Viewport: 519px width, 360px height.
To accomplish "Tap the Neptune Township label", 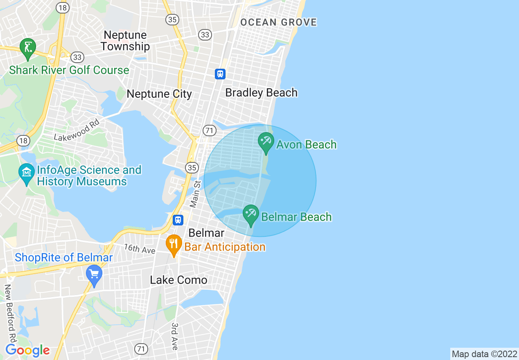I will click(x=125, y=40).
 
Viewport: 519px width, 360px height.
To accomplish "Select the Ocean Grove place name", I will click(x=279, y=22).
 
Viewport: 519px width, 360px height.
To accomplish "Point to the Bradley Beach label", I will click(x=262, y=92).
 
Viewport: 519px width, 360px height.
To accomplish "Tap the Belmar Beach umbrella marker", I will click(x=250, y=214).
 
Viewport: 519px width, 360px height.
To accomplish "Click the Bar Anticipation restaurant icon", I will click(x=174, y=244).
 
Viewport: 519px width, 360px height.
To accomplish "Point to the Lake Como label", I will click(x=178, y=280).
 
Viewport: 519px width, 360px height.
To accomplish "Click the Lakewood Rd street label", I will click(x=77, y=130).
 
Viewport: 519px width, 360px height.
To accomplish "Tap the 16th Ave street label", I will click(x=140, y=248).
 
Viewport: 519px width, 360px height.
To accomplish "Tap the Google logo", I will click(x=28, y=350).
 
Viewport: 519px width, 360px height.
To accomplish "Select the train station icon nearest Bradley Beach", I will click(x=220, y=74).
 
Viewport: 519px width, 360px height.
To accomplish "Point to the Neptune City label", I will click(x=159, y=94).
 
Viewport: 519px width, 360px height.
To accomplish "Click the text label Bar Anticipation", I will click(x=225, y=247).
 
